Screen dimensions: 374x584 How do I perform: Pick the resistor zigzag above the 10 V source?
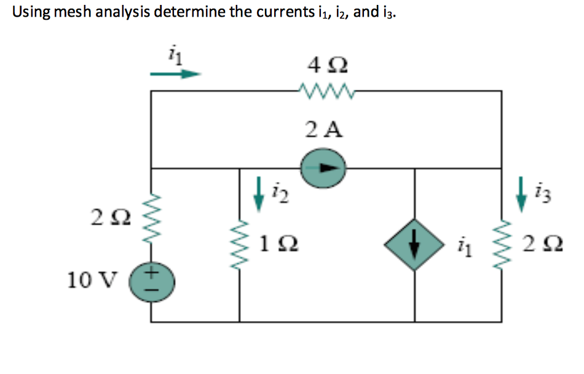pos(152,215)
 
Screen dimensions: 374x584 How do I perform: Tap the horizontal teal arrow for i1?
pos(176,74)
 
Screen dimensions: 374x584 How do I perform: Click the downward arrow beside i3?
pos(521,194)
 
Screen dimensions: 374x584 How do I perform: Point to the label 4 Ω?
pos(325,65)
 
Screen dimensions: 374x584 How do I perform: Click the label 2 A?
pos(324,129)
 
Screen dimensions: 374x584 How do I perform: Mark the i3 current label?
pos(542,195)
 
